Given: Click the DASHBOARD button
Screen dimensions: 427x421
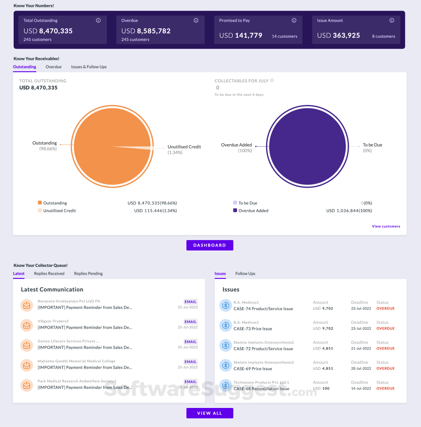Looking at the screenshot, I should pyautogui.click(x=210, y=245).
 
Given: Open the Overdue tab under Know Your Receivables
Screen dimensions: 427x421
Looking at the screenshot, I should pyautogui.click(x=53, y=67).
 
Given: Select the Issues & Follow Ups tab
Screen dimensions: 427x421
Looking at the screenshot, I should pyautogui.click(x=89, y=67).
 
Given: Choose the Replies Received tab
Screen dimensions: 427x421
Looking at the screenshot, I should pyautogui.click(x=49, y=273).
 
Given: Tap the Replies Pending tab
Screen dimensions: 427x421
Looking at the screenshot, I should pyautogui.click(x=88, y=273).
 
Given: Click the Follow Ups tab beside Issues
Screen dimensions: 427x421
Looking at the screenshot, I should pyautogui.click(x=245, y=273).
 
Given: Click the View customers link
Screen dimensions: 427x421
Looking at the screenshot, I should pyautogui.click(x=386, y=226).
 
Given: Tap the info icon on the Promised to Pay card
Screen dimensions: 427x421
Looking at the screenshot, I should pyautogui.click(x=294, y=21).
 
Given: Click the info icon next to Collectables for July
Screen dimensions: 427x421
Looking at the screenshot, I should pyautogui.click(x=272, y=81).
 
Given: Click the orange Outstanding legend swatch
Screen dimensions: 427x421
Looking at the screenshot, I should pyautogui.click(x=40, y=203).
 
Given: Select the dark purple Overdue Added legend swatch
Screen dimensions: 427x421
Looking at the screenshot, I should pyautogui.click(x=235, y=210).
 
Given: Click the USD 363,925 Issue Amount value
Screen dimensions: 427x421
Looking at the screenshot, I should pyautogui.click(x=338, y=35).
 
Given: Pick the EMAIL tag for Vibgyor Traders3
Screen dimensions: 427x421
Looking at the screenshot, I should pyautogui.click(x=191, y=322).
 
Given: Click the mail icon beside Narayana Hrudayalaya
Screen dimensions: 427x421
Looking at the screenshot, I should pyautogui.click(x=27, y=305).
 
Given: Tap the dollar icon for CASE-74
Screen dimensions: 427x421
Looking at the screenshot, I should pyautogui.click(x=225, y=305).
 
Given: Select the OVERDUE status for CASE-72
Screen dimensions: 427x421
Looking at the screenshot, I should pyautogui.click(x=386, y=348).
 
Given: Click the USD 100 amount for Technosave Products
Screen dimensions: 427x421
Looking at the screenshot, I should pyautogui.click(x=321, y=388).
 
